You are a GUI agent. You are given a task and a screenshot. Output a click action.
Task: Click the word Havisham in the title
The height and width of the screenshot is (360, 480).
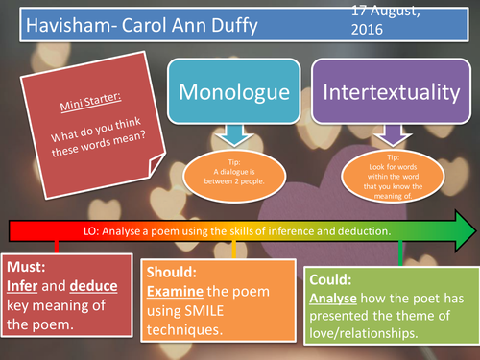54,24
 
